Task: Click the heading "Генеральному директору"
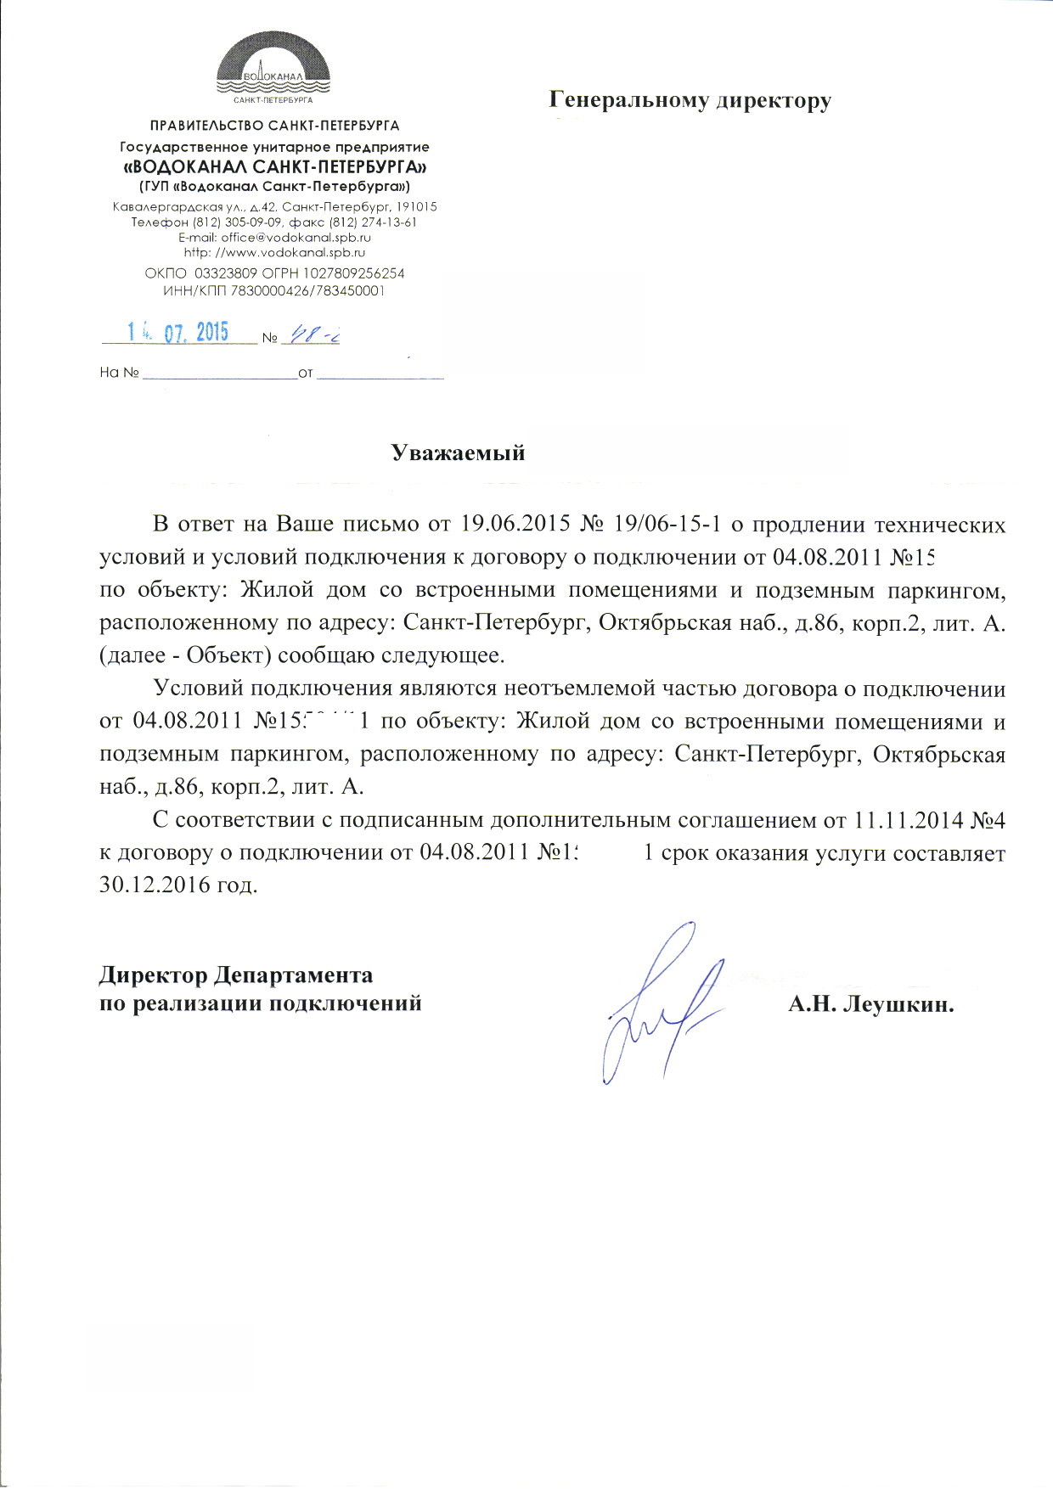tap(690, 101)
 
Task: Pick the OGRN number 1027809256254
tap(348, 274)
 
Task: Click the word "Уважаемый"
tap(458, 453)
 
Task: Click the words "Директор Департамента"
tap(236, 974)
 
